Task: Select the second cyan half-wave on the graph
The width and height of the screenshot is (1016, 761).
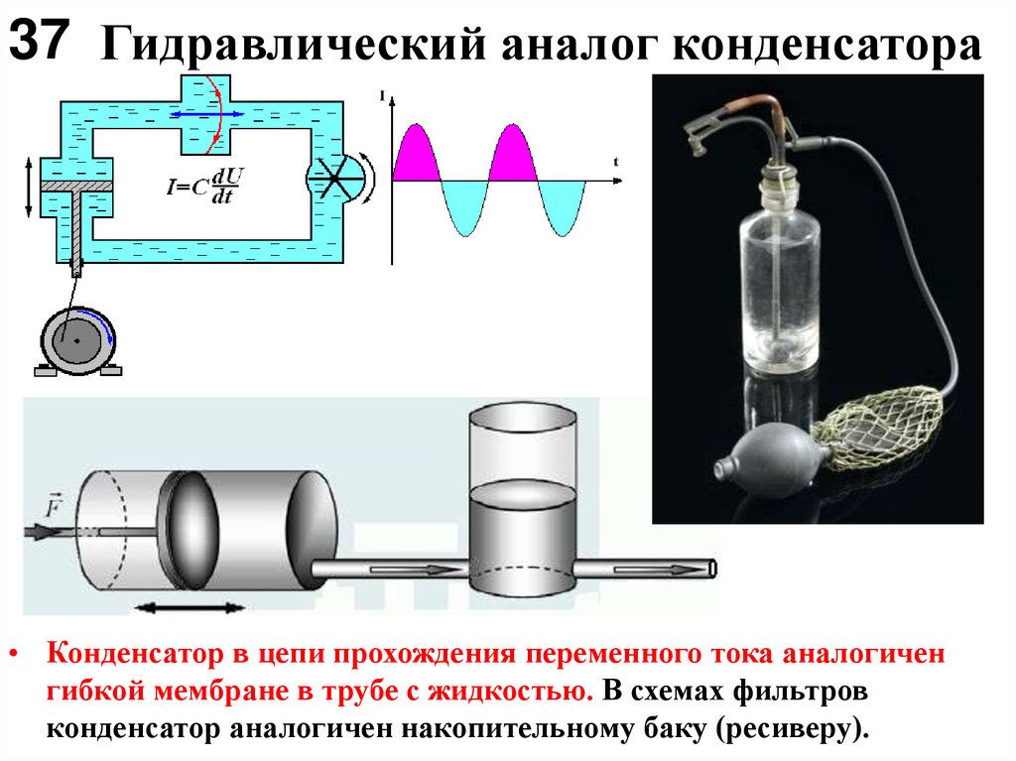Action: point(561,206)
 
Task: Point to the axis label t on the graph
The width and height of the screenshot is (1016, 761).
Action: point(617,161)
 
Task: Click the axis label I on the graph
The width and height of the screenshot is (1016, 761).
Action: point(383,95)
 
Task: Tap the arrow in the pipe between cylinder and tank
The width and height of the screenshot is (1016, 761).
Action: point(406,570)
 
